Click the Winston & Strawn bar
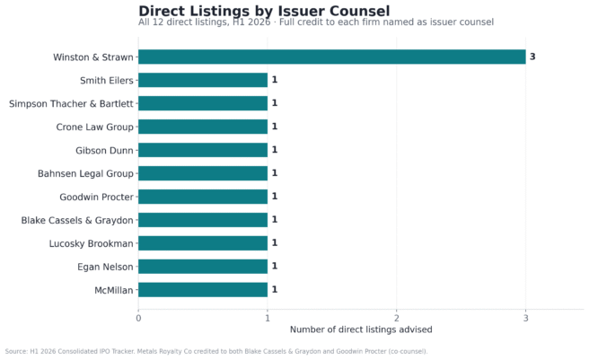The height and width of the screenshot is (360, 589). [x=332, y=57]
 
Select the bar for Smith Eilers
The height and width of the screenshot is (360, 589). [x=203, y=80]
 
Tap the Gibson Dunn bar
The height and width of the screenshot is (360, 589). [x=203, y=150]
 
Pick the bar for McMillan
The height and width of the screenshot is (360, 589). [x=203, y=290]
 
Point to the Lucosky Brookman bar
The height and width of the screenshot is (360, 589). [x=203, y=243]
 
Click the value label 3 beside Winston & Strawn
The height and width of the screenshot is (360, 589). [x=532, y=57]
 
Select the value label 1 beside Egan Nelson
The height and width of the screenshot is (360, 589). [x=275, y=266]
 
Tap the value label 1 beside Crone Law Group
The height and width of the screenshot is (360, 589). [x=275, y=127]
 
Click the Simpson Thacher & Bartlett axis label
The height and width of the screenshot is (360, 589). [x=71, y=104]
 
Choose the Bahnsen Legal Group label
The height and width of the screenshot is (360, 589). [x=85, y=173]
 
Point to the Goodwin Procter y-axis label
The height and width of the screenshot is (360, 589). [x=97, y=197]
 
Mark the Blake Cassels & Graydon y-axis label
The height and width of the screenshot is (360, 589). [x=77, y=220]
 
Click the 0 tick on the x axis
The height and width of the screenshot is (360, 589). [x=138, y=319]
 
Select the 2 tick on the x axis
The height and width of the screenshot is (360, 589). [x=396, y=319]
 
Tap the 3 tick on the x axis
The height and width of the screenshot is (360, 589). [x=525, y=319]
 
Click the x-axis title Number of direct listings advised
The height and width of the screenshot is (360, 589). [x=361, y=329]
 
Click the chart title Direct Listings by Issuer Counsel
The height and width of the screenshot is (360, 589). [x=264, y=11]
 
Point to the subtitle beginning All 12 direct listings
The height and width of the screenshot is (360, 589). [x=316, y=22]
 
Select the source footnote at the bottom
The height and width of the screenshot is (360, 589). [x=216, y=351]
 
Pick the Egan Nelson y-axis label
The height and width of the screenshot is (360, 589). [x=105, y=267]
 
